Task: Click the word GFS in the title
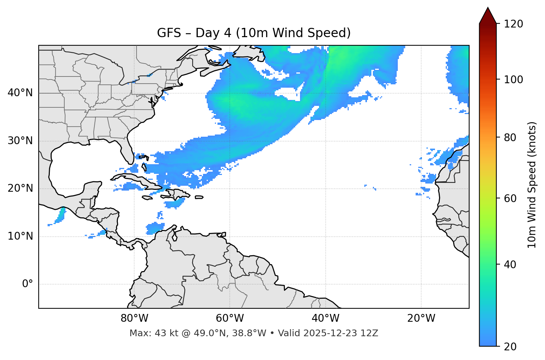pos(169,33)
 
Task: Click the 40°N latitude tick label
pos(20,93)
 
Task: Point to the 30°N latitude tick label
pos(20,141)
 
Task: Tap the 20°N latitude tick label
pos(20,188)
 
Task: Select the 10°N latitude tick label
pos(20,236)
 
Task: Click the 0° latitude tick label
pos(28,284)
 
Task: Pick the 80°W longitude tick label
pos(134,318)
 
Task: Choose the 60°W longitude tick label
pos(230,318)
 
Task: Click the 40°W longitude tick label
pos(325,318)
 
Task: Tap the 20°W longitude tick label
pos(421,318)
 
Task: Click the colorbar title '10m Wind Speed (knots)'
pos(532,185)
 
